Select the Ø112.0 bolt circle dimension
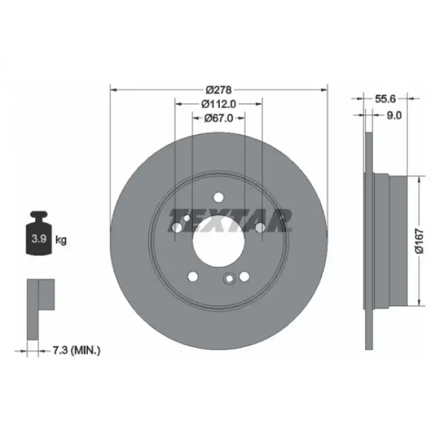218,104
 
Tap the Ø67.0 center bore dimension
218,118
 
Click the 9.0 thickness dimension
394,115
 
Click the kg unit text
62,239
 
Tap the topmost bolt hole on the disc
218,196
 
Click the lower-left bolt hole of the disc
193,275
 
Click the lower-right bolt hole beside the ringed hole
244,275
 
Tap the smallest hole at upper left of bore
187,218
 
